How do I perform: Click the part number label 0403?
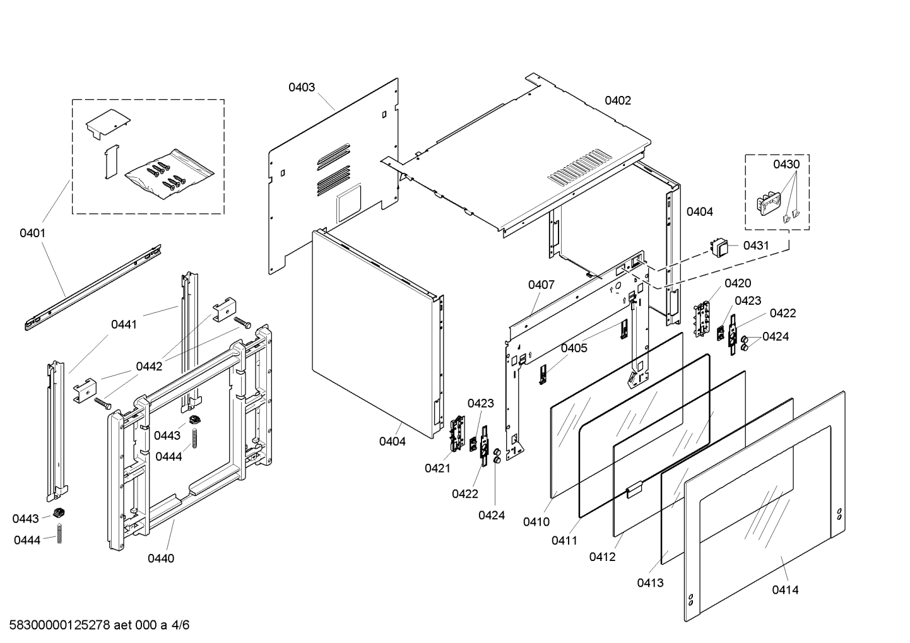point(302,87)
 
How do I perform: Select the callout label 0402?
point(617,100)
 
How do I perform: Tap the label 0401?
point(32,233)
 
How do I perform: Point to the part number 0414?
point(784,590)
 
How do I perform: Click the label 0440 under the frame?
point(161,558)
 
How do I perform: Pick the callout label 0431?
point(756,245)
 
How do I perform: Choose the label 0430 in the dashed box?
point(786,165)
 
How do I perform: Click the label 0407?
point(541,285)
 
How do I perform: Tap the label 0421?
point(437,468)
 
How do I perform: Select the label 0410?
point(536,522)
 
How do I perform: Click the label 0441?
point(124,324)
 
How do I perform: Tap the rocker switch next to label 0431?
point(719,245)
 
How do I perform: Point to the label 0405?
point(574,348)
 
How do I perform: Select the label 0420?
point(738,283)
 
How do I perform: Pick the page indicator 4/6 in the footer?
point(180,625)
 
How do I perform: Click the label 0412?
point(602,557)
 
